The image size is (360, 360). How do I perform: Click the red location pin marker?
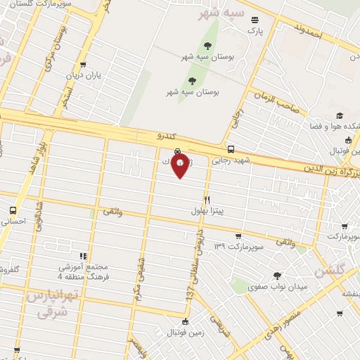click(x=181, y=165)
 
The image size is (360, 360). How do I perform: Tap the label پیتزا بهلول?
click(x=207, y=210)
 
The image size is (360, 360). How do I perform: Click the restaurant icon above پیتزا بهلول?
click(x=207, y=200)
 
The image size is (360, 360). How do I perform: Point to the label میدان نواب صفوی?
click(x=277, y=287)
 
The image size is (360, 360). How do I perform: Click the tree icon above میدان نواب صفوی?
click(x=277, y=276)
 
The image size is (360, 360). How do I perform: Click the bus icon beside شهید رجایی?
click(x=231, y=149)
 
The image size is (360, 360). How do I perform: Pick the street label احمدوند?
click(x=307, y=32)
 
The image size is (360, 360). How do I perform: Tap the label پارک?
click(x=254, y=30)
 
